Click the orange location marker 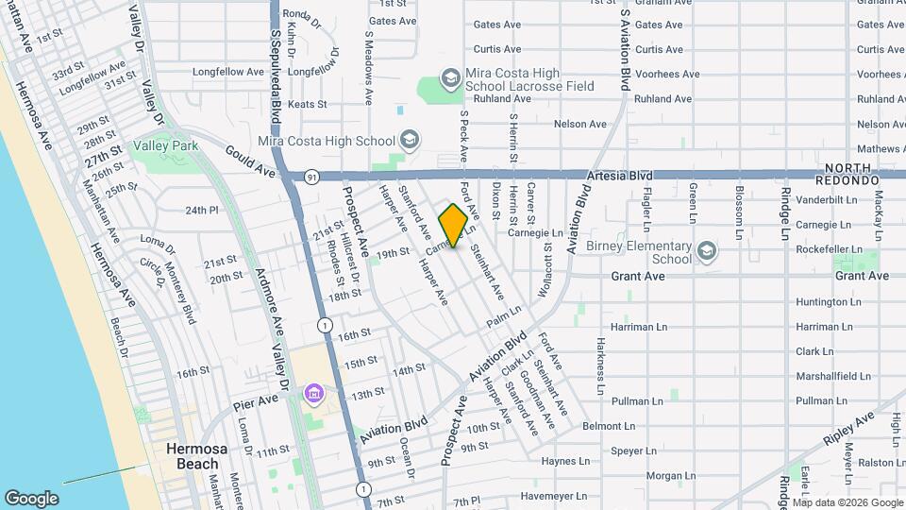tap(454, 225)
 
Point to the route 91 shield tap(311, 176)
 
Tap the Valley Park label tap(166, 146)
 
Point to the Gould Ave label tap(250, 160)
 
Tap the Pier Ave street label tap(255, 400)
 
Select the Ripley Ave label tap(850, 430)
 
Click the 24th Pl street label tap(202, 210)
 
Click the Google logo tap(32, 498)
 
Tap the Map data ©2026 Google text tap(846, 502)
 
